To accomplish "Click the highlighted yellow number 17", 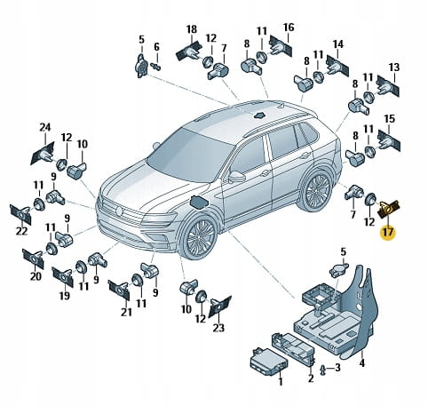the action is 388,232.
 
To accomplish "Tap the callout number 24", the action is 45,128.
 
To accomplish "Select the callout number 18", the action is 192,29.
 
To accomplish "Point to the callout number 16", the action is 289,28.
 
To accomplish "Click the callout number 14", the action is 338,44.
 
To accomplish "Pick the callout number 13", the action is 394,67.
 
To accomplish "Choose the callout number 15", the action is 390,119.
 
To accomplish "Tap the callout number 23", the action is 218,328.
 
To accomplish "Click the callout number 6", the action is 156,47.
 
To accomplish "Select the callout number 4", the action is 362,362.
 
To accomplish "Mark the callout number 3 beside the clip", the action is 337,368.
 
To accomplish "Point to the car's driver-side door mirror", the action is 237,177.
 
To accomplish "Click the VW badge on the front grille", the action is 119,211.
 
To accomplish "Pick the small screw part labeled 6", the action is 155,67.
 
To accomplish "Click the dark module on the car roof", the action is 259,115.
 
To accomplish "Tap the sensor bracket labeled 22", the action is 20,214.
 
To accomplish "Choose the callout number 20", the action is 36,276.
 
